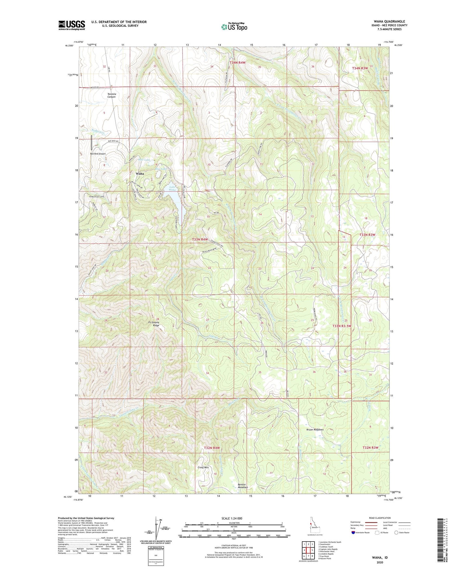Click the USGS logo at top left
pos(72,25)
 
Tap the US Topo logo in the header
pos(234,27)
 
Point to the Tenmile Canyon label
pos(112,95)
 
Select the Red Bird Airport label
pos(98,154)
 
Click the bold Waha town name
pos(140,174)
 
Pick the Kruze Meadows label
pos(315,430)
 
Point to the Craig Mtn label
pos(203,467)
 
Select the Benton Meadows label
pos(243,486)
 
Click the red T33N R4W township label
pos(200,240)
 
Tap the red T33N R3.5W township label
pos(346,326)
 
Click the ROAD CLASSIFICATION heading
pos(380,518)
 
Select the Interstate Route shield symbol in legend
pos(354,533)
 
